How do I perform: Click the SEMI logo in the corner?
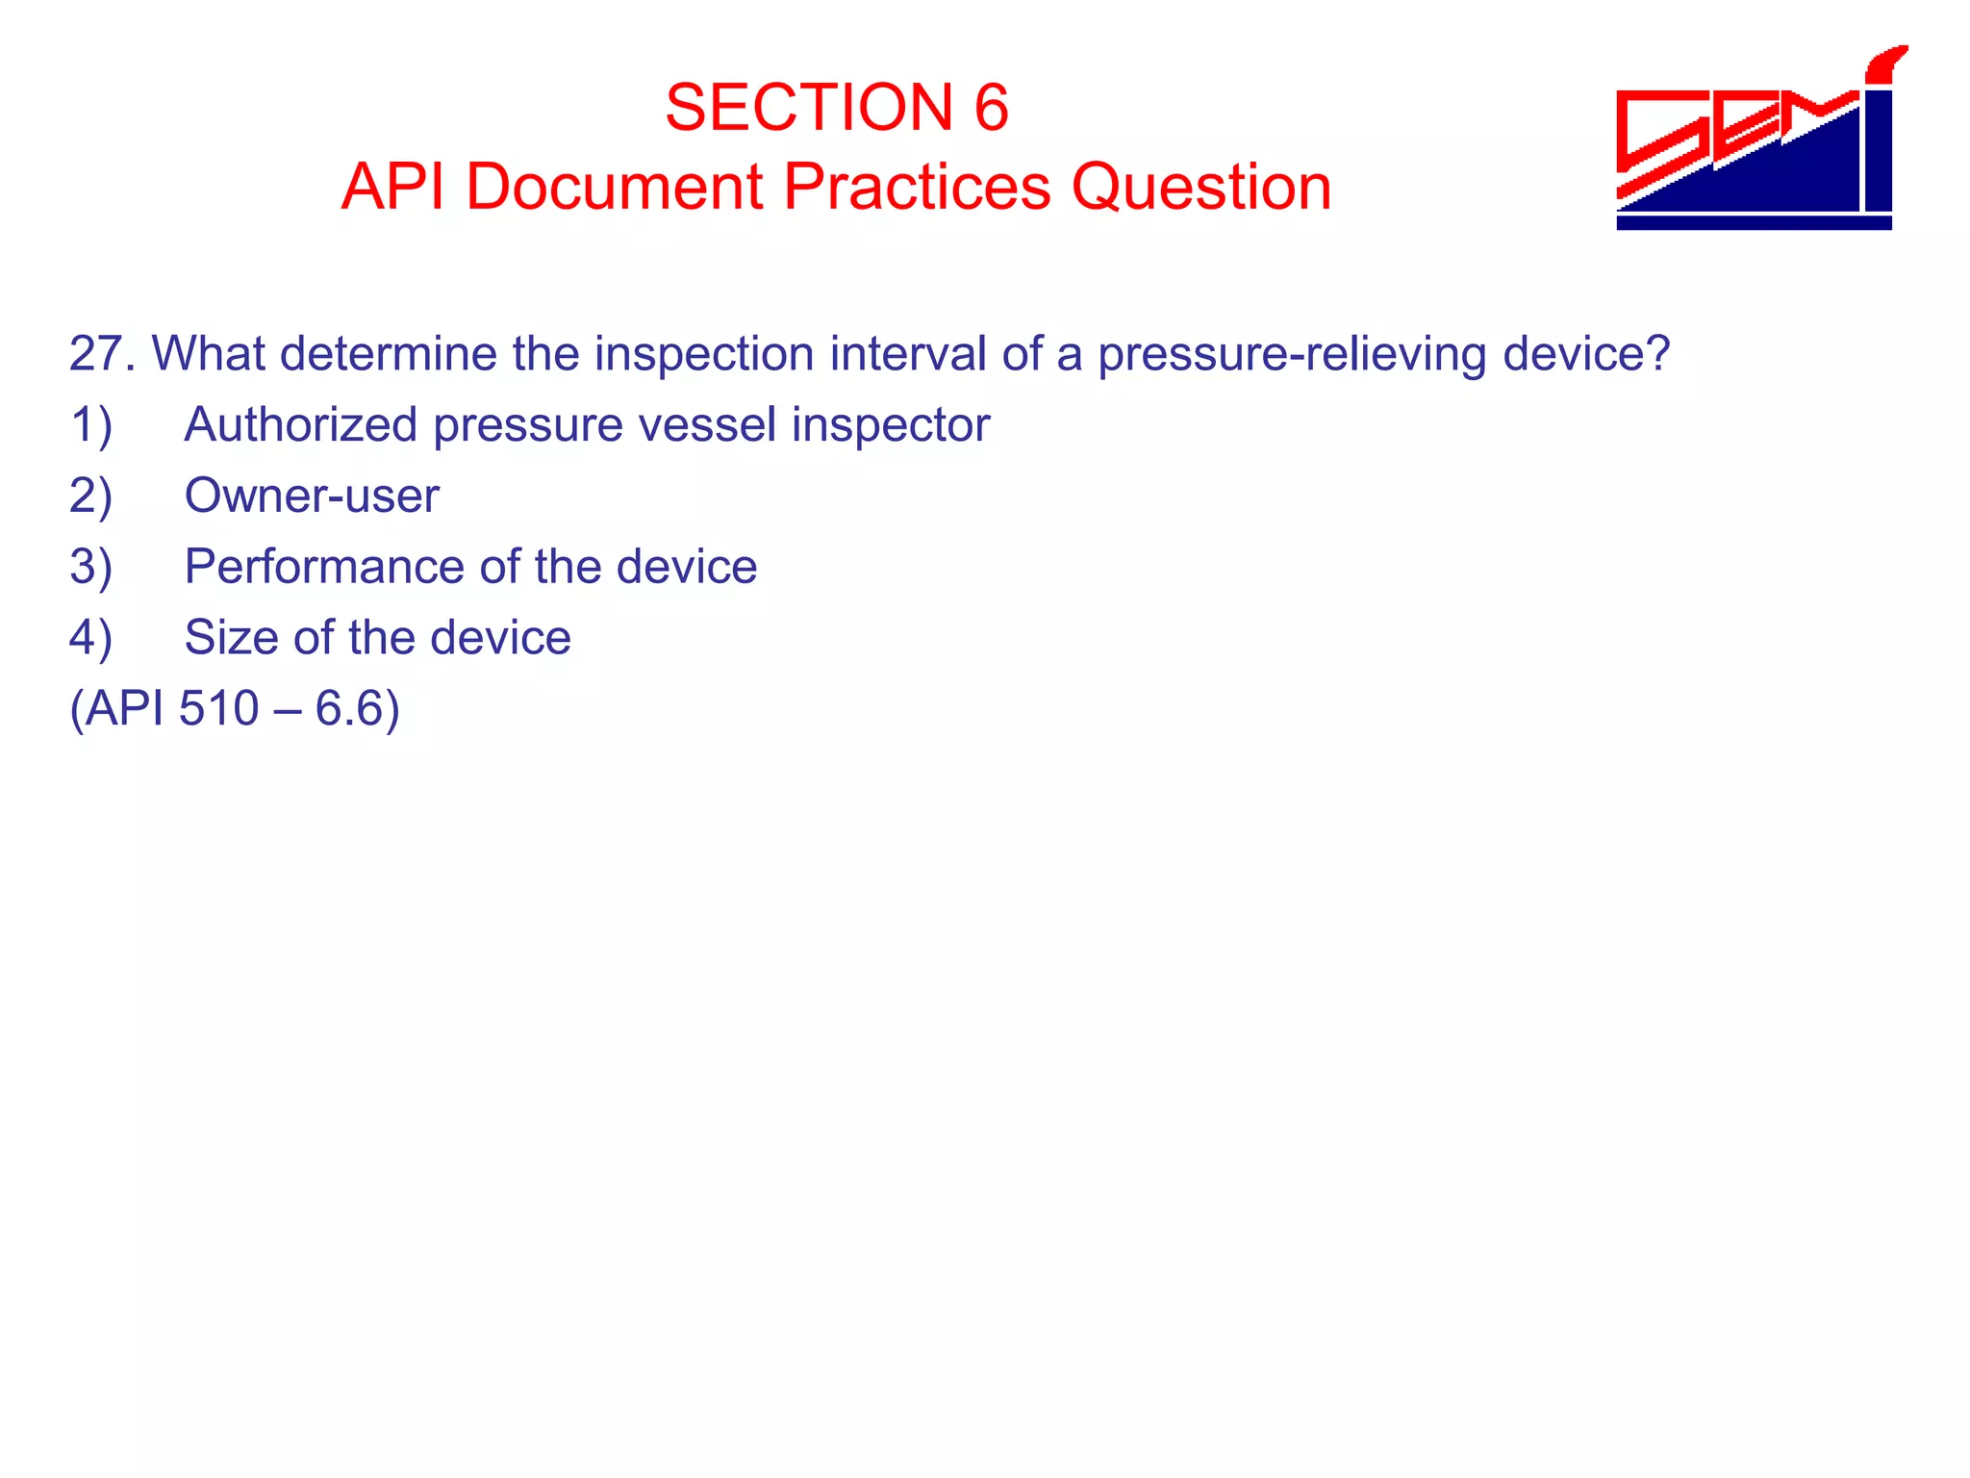pyautogui.click(x=1755, y=140)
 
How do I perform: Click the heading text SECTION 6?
pyautogui.click(x=836, y=107)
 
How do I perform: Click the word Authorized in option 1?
pyautogui.click(x=300, y=425)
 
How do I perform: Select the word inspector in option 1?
pyautogui.click(x=891, y=425)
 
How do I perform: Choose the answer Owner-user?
pyautogui.click(x=312, y=497)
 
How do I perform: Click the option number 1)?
pyautogui.click(x=91, y=425)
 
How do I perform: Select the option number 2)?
pyautogui.click(x=91, y=497)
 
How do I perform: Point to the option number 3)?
pyautogui.click(x=91, y=567)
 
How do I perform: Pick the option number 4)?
pyautogui.click(x=91, y=638)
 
